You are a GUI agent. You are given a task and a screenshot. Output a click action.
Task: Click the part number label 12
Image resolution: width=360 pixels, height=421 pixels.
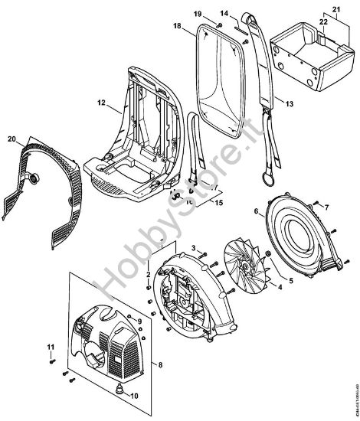pos(100,101)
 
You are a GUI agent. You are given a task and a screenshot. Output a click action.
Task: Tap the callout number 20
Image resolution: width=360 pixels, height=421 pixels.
pos(11,138)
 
